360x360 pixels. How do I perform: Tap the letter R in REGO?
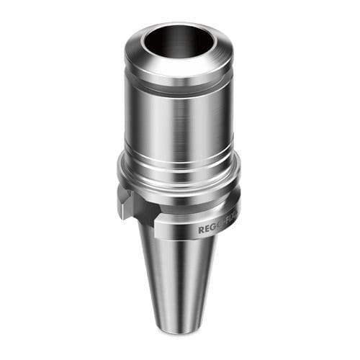tap(201, 231)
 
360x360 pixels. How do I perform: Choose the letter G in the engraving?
tap(212, 228)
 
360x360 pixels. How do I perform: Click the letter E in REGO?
tap(207, 230)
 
